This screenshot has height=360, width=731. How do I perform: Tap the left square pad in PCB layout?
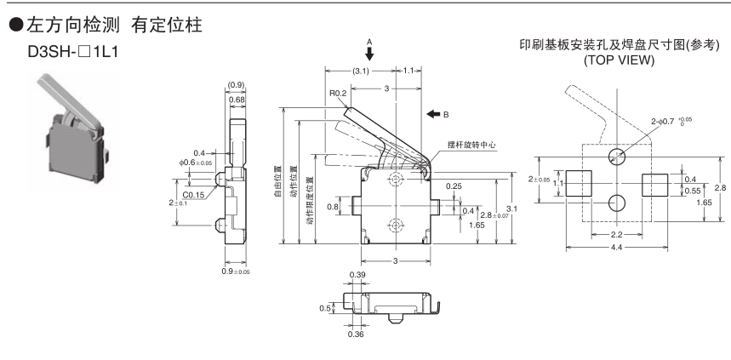point(580,180)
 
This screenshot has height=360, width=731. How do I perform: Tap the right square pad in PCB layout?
point(655,180)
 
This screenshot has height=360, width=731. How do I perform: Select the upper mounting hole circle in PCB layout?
point(618,157)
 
